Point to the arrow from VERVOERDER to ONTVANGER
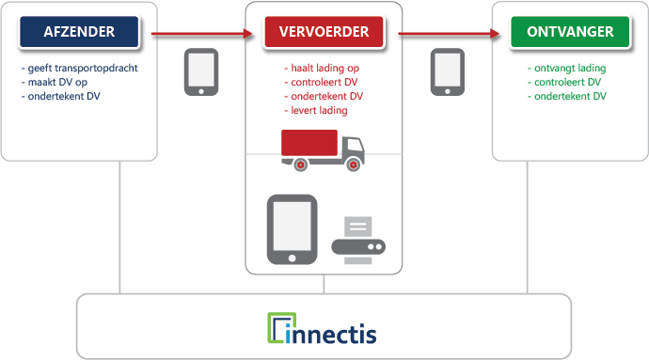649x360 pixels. [x=448, y=36]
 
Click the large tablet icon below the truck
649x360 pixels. [x=292, y=228]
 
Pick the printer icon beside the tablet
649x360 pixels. [x=359, y=236]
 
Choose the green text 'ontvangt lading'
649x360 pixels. [x=567, y=70]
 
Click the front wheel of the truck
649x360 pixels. [x=353, y=164]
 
